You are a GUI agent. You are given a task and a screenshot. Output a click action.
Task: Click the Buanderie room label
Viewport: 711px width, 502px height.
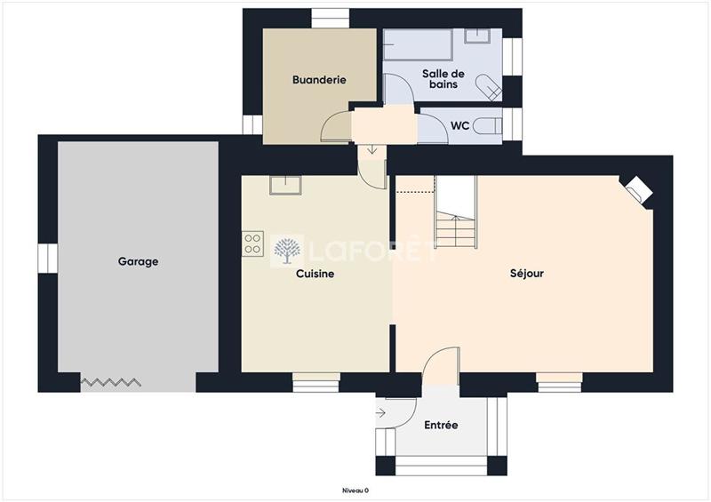[319, 80]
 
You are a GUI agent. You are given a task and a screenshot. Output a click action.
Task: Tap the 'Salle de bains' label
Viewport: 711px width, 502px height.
[443, 78]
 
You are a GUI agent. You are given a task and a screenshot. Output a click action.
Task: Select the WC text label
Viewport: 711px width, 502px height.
[459, 126]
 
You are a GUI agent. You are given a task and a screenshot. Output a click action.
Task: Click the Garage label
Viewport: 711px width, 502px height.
[138, 262]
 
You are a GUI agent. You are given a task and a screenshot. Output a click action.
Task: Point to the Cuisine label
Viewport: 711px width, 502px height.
[316, 274]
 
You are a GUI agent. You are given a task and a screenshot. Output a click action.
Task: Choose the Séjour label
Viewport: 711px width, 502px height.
[527, 274]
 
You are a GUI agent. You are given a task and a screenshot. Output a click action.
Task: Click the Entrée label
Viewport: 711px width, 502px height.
[441, 426]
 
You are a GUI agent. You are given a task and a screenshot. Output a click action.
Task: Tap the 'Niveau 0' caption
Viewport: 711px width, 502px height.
[355, 490]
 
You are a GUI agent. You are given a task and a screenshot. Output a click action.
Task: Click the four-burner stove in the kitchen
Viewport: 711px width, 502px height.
[253, 243]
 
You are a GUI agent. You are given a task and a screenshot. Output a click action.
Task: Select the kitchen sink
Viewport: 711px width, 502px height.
[285, 185]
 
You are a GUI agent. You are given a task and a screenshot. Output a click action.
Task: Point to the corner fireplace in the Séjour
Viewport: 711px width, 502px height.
[639, 189]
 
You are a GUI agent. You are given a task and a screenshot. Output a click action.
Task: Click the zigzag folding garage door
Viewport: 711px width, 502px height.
[111, 382]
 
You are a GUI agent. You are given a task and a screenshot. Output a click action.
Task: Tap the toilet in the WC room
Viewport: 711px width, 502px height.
[487, 126]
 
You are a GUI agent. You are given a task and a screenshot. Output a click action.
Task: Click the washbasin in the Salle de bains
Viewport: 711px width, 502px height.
[477, 36]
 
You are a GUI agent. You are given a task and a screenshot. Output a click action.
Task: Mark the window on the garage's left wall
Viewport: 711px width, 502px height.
[47, 258]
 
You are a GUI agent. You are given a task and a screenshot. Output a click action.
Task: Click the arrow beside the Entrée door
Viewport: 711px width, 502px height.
[381, 412]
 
